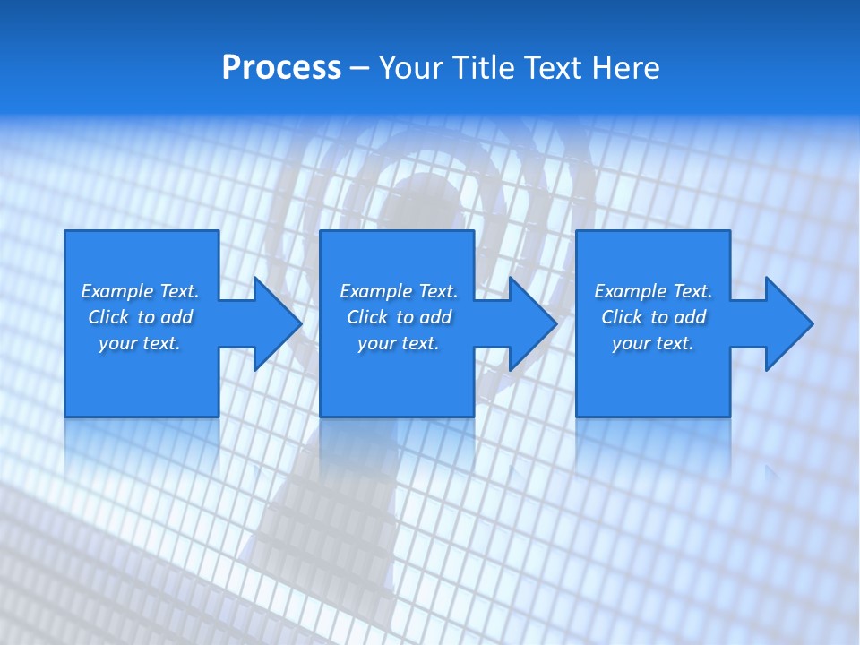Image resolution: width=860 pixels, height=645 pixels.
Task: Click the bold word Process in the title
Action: tap(281, 68)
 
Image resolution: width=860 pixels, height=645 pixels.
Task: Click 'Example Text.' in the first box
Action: tap(140, 291)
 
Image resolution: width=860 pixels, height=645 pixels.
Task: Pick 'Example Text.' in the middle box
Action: tap(399, 291)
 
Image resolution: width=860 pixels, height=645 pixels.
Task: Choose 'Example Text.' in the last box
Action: tap(653, 291)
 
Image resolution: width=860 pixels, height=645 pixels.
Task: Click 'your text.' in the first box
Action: tap(140, 343)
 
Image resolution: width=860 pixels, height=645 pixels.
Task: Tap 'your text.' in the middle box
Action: tap(399, 343)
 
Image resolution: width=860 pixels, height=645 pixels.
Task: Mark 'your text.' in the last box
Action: tap(653, 343)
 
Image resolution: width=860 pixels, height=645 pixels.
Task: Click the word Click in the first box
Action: tap(108, 317)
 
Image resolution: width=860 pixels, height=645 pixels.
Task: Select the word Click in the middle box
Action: tap(367, 317)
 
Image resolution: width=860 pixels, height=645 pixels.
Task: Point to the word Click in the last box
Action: tap(622, 317)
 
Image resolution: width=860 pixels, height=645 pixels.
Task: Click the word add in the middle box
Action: tap(435, 317)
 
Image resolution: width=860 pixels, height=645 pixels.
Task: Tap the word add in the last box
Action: tap(690, 317)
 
